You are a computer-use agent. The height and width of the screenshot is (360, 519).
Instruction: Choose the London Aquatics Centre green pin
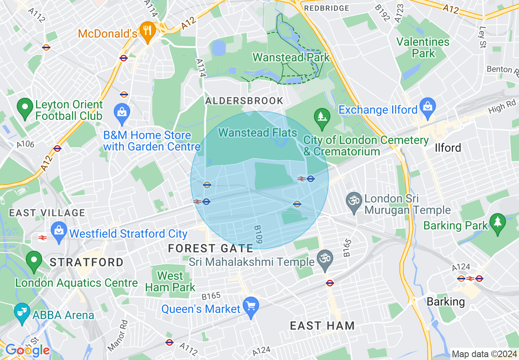coord(34,261)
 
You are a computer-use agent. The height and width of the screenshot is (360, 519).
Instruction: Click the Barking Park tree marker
coord(498,223)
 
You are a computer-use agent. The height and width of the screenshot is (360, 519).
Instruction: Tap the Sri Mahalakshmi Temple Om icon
coord(325,260)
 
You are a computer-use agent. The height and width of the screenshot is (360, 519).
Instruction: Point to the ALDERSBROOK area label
coord(244,101)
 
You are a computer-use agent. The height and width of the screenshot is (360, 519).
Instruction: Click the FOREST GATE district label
coord(211,248)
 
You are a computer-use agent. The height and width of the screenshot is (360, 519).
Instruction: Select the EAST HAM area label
coord(322,326)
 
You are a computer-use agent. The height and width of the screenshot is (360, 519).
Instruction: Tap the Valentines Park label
coord(423,47)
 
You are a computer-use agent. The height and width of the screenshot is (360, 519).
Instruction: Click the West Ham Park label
coord(170,281)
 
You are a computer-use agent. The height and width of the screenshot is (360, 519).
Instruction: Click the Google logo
coord(27,350)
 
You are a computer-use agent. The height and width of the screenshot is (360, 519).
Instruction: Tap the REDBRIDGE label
coord(327,8)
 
